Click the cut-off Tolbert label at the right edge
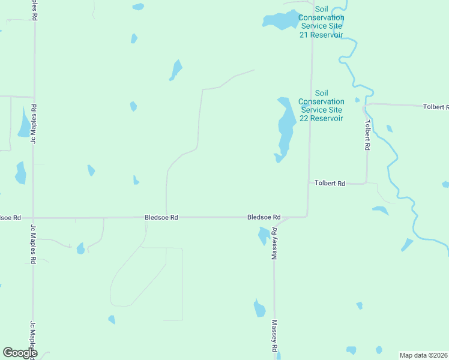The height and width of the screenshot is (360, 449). [x=435, y=107]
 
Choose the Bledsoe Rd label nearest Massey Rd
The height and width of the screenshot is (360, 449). [x=264, y=217]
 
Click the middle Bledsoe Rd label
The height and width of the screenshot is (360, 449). [x=161, y=217]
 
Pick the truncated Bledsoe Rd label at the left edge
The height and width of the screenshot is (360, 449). [x=10, y=217]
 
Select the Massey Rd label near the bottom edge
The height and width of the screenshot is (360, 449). [x=274, y=335]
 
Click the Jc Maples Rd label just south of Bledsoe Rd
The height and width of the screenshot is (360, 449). [x=34, y=244]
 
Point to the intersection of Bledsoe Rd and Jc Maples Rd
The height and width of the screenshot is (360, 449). [x=34, y=218]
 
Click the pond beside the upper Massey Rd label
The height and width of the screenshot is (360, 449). [x=263, y=235]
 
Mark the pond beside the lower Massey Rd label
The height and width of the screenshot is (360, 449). [x=259, y=308]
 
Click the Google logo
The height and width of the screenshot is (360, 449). [x=20, y=353]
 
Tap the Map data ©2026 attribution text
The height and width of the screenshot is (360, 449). [x=423, y=355]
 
